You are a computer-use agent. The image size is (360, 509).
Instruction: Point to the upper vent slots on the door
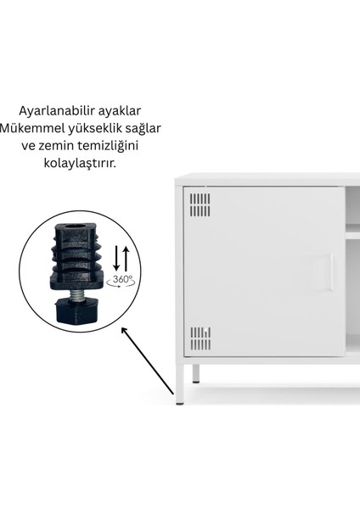click(x=200, y=204)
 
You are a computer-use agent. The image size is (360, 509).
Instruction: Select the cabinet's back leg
click(x=196, y=373)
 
